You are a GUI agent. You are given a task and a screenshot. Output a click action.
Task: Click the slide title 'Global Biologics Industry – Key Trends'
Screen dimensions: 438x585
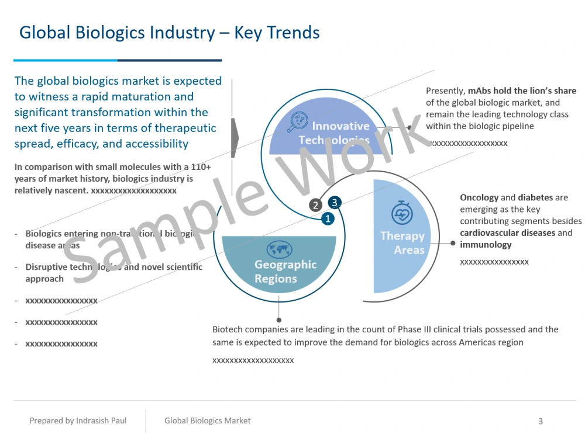[170, 32]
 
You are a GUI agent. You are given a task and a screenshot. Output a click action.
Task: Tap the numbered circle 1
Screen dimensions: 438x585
[328, 218]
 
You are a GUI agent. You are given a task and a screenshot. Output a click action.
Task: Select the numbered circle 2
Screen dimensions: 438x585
[315, 205]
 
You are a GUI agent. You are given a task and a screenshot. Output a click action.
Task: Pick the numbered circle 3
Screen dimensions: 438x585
[334, 203]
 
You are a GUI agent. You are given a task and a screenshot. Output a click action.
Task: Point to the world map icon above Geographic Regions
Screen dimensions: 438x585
[279, 249]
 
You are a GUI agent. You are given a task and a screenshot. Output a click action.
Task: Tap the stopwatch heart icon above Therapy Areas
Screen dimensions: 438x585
[402, 213]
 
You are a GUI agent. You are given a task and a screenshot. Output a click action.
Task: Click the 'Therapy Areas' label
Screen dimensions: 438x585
[402, 243]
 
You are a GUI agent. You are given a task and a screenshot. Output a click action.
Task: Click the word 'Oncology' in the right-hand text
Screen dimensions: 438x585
[479, 197]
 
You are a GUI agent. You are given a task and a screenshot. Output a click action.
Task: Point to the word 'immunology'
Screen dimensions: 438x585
[486, 245]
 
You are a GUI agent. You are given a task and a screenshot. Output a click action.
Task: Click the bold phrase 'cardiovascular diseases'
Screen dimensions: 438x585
[507, 233]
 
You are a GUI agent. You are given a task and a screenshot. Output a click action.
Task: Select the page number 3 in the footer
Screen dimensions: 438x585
[541, 421]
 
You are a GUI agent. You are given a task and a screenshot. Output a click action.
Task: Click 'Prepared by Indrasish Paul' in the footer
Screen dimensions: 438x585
[78, 420]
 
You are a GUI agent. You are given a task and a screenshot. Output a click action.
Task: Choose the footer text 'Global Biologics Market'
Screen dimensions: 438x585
[207, 420]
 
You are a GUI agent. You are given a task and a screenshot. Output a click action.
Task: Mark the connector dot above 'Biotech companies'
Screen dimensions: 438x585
[279, 319]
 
